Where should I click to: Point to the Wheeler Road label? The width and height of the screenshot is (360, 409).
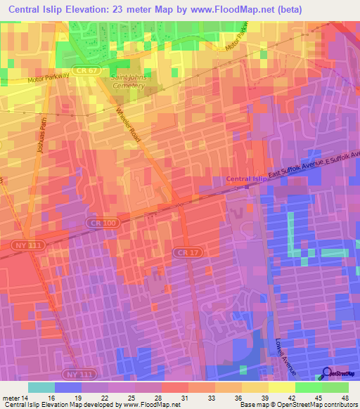pyautogui.click(x=128, y=126)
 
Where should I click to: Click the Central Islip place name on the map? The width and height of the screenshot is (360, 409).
pyautogui.click(x=248, y=179)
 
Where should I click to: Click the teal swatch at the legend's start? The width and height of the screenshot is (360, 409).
pyautogui.click(x=41, y=387)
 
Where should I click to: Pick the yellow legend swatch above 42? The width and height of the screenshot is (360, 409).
pyautogui.click(x=282, y=387)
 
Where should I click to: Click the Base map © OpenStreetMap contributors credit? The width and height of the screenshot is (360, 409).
pyautogui.click(x=298, y=405)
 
